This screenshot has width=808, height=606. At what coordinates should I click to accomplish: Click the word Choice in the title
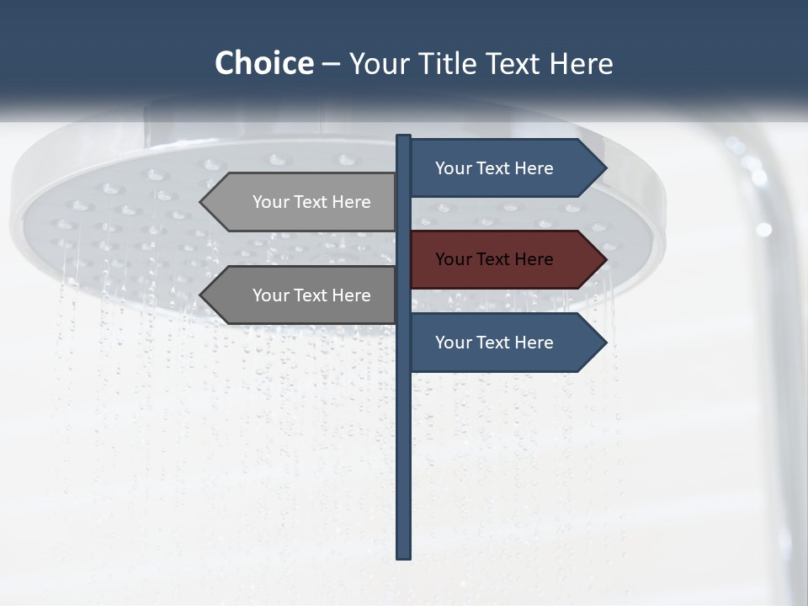(263, 63)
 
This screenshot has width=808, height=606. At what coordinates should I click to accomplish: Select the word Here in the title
(581, 63)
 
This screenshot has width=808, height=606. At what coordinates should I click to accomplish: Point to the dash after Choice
(331, 64)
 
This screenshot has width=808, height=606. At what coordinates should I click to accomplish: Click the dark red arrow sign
(505, 259)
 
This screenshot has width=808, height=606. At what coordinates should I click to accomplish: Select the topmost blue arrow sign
(505, 168)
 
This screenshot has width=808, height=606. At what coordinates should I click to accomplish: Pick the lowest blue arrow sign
(505, 343)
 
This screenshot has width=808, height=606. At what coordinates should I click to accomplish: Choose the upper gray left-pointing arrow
(303, 202)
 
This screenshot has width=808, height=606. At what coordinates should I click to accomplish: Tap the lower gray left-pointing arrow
(303, 295)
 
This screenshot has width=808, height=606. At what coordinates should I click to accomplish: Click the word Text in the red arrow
(494, 259)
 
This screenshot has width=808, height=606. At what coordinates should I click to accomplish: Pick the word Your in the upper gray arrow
(270, 202)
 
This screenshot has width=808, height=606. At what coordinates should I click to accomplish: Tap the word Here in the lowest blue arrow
(533, 343)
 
